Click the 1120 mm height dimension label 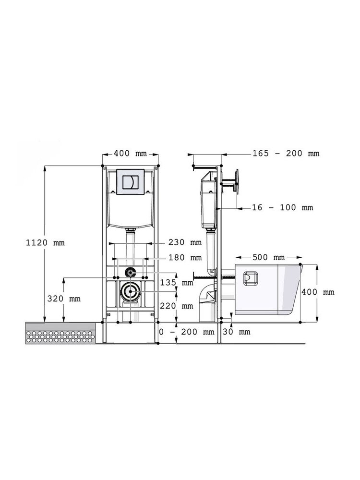tap(45, 243)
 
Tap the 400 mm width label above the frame tap(130, 153)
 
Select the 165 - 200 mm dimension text tap(286, 153)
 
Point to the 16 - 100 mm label tap(283, 207)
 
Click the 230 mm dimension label tap(185, 242)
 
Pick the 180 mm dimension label tap(185, 258)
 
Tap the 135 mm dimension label tap(177, 282)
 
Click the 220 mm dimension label tap(177, 305)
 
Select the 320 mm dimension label tap(64, 299)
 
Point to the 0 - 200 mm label tap(187, 332)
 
